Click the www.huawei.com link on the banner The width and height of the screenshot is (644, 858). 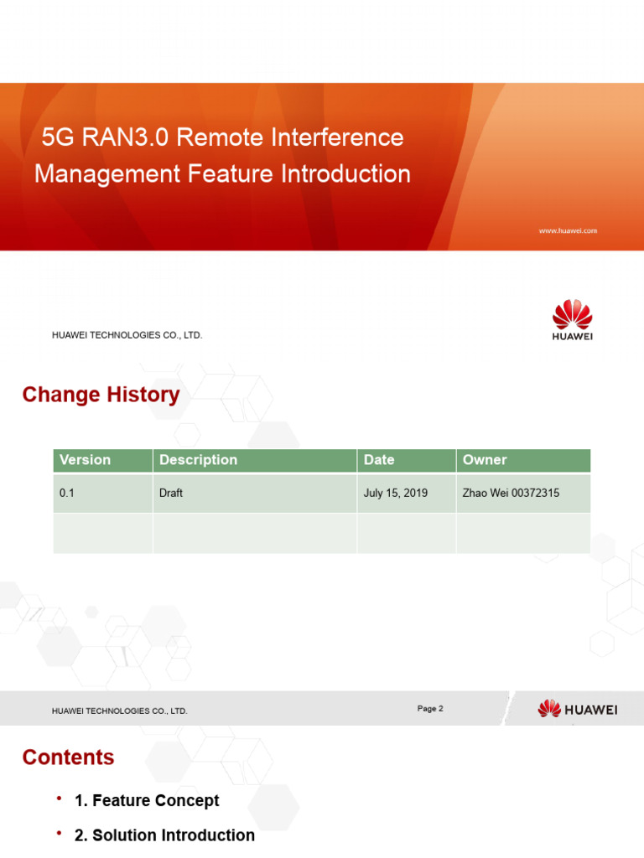[x=568, y=230]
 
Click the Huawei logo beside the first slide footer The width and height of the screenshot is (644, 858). [x=572, y=321]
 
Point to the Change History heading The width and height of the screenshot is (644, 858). [x=101, y=395]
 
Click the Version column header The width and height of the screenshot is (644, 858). [x=85, y=460]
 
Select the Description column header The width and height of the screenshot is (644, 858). [x=198, y=460]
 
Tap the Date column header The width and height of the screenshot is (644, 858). [x=379, y=460]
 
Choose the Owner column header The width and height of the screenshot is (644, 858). [x=485, y=460]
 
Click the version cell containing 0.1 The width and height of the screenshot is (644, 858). [x=67, y=494]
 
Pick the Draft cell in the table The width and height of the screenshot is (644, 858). [x=171, y=494]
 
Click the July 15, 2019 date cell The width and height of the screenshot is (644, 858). [x=396, y=494]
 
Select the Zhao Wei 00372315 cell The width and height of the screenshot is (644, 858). [x=511, y=494]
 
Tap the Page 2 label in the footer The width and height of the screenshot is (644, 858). [x=430, y=709]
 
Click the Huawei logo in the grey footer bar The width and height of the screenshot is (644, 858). [x=577, y=710]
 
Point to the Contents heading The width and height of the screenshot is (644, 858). [x=68, y=757]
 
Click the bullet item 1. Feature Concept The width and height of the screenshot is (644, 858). [x=147, y=801]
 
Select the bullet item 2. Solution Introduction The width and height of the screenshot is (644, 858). [x=164, y=835]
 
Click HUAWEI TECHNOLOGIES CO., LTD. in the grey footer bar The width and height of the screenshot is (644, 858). [x=120, y=711]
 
